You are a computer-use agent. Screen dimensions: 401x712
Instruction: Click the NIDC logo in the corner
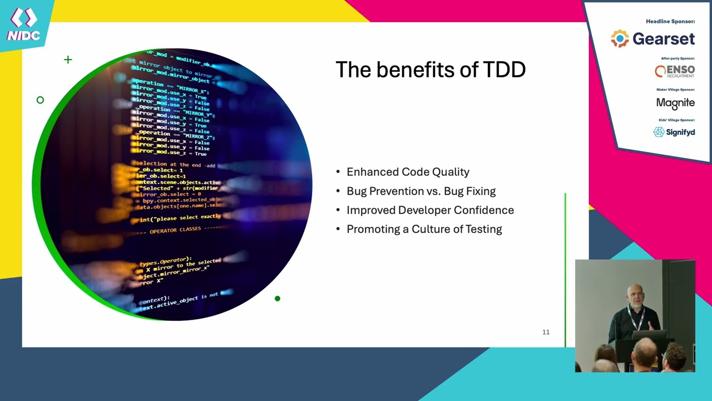coord(23,25)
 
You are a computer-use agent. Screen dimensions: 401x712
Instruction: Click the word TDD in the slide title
coord(504,70)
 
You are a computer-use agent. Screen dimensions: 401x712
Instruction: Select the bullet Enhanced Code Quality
coord(408,172)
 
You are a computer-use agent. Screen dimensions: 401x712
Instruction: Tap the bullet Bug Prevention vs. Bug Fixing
coord(421,191)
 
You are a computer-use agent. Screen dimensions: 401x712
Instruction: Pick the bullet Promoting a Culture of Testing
coord(424,229)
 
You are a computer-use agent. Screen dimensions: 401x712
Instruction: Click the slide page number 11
coord(546,332)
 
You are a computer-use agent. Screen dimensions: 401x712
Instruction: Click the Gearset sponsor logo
coord(653,38)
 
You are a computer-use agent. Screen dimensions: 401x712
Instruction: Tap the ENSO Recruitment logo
coord(674,71)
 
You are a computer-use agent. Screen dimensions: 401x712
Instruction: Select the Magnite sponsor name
coord(675,103)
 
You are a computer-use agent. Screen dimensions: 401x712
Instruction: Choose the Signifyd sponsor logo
coord(674,132)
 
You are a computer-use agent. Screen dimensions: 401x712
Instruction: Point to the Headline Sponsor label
coord(670,22)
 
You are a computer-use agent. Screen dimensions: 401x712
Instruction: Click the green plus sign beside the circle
coord(68,60)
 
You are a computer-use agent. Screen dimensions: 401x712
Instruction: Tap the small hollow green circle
coord(40,100)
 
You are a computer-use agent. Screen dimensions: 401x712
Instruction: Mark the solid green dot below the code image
coord(278,299)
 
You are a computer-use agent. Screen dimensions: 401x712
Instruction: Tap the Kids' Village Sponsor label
coord(676,120)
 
